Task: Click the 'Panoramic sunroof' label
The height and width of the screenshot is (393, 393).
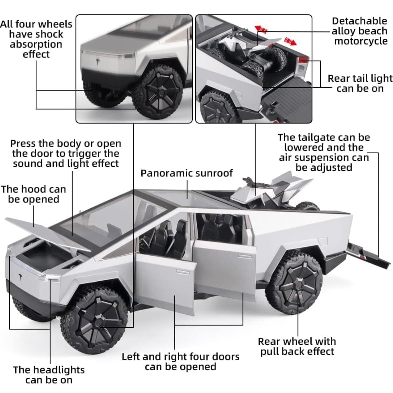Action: tap(187, 173)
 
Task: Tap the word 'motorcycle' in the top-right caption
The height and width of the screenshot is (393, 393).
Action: tap(361, 41)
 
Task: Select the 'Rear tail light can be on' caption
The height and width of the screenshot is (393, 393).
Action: tap(360, 84)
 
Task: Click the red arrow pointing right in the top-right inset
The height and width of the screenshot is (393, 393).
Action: tap(290, 41)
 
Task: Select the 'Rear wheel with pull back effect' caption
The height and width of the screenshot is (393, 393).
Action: tap(297, 346)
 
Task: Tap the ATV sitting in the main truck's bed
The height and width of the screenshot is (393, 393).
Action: tap(270, 192)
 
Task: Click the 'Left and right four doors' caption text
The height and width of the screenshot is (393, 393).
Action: tap(180, 357)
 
